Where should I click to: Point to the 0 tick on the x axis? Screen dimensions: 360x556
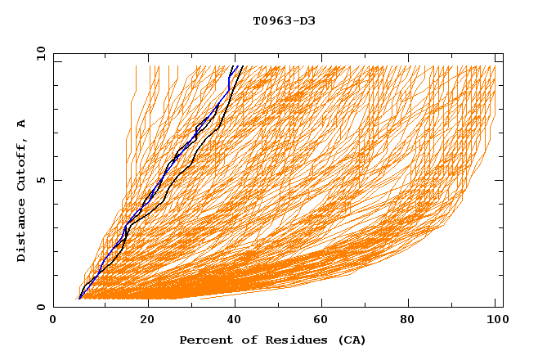[53, 322]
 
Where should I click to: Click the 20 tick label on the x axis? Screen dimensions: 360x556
[148, 322]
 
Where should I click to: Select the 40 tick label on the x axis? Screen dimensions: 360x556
[237, 322]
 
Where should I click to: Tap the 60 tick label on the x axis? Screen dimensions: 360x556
[325, 322]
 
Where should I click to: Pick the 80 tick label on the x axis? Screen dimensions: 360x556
[415, 322]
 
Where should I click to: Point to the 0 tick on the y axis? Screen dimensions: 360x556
[41, 307]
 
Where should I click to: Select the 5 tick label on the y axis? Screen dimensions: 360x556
[41, 180]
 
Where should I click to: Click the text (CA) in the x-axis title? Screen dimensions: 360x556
[352, 340]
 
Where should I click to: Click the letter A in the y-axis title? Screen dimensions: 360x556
[22, 124]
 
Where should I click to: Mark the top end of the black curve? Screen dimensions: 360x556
[243, 65]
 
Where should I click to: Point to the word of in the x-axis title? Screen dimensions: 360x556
[244, 340]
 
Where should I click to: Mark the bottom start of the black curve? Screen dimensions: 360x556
[78, 299]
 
